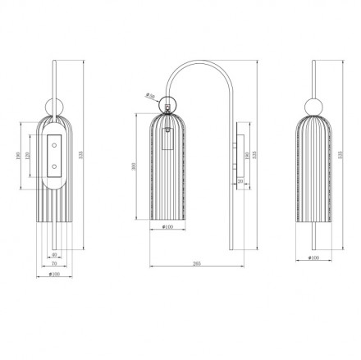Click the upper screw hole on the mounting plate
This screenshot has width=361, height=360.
[x=55, y=144]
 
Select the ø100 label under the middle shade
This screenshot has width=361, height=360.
[x=168, y=226]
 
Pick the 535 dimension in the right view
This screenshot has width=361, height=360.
[x=342, y=153]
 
